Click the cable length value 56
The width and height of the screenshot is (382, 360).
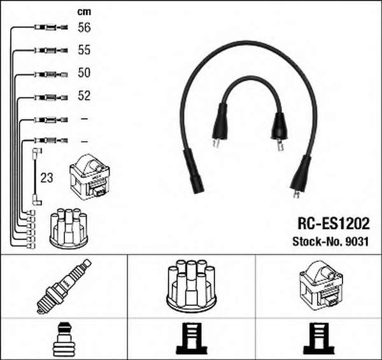tap(84, 27)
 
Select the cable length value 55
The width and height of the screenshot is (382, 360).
tap(84, 50)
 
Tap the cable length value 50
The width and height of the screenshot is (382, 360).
tap(84, 73)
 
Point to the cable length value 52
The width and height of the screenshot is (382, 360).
tap(84, 95)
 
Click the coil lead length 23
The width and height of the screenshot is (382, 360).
tap(46, 178)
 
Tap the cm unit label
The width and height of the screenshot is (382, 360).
tap(84, 12)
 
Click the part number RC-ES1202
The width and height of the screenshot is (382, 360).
tap(333, 224)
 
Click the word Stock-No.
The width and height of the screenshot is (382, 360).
tap(317, 242)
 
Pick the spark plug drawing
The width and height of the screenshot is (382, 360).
tap(64, 286)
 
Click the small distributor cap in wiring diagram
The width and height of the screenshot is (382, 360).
tap(69, 228)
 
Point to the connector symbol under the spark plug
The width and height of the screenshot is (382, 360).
tap(64, 339)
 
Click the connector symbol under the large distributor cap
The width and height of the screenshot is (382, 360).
tap(192, 338)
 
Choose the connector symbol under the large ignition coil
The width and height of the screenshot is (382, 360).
tap(319, 338)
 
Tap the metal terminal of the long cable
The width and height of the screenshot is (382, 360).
tap(296, 195)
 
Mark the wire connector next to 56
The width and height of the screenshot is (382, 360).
tap(51, 27)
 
